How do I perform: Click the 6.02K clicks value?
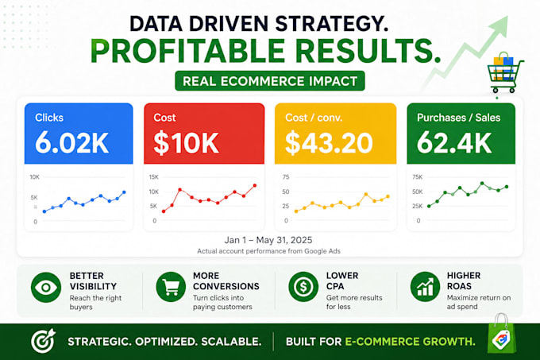tap(71, 142)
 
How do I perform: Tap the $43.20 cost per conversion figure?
tap(329, 143)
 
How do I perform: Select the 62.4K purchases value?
tap(454, 142)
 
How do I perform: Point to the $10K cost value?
tap(186, 143)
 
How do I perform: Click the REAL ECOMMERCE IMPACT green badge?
tap(270, 81)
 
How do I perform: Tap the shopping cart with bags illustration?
tap(505, 72)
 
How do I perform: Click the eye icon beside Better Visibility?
tap(46, 288)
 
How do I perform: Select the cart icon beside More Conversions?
tap(171, 287)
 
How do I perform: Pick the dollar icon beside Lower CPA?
tap(303, 287)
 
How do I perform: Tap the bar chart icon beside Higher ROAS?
tap(425, 287)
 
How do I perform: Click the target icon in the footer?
tap(43, 341)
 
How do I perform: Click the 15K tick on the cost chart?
tap(153, 177)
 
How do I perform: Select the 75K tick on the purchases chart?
tap(418, 177)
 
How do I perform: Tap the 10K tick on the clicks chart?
tap(34, 177)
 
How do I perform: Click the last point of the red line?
tap(255, 185)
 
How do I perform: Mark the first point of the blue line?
tap(44, 211)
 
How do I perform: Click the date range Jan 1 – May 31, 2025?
tap(268, 240)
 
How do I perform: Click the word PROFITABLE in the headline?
tap(187, 52)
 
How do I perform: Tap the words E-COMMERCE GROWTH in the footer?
tap(410, 342)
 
